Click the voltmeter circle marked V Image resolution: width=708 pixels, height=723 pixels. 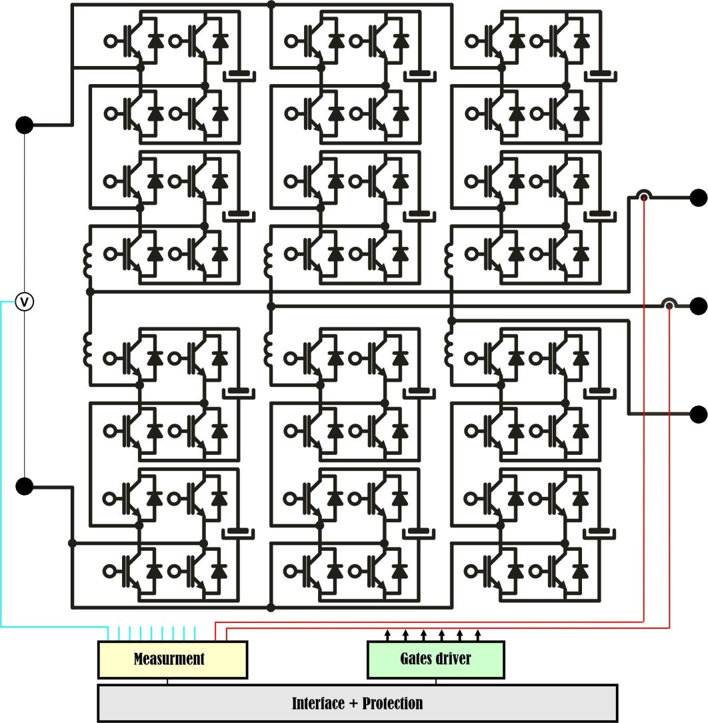pos(24,302)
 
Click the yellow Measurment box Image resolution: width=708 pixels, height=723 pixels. pos(172,659)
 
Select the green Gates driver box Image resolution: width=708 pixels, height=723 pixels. pos(436,659)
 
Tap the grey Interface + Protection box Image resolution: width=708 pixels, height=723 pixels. pos(357,703)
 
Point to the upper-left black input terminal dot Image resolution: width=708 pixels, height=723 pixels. pos(24,125)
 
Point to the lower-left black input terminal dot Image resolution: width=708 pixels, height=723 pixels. pos(24,486)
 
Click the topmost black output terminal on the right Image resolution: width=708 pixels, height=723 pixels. pos(698,197)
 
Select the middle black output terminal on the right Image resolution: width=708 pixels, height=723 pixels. pos(698,305)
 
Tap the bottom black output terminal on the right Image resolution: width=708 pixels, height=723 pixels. pos(698,414)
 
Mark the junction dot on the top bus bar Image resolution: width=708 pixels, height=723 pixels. pos(271,5)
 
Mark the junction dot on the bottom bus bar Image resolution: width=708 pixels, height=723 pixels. pos(271,607)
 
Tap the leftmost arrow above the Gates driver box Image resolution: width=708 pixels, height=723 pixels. pos(389,632)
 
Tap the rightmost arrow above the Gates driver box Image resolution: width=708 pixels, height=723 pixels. pos(477,632)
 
